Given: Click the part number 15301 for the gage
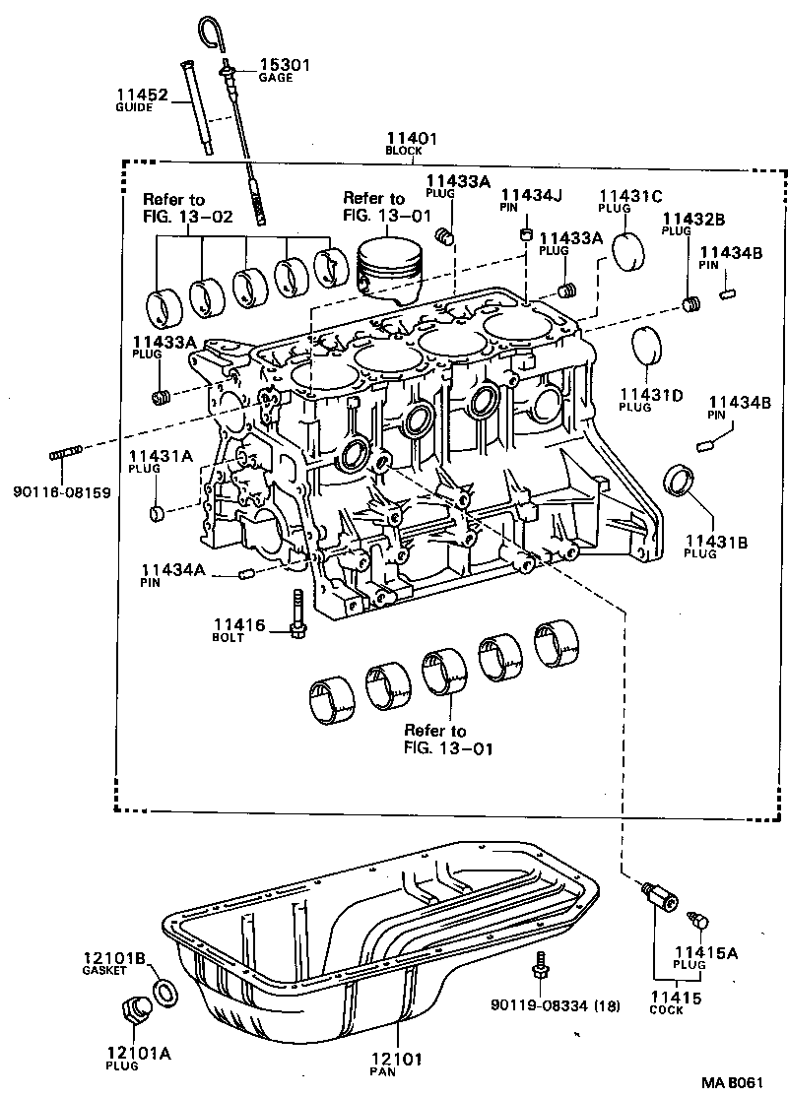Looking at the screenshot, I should (284, 65).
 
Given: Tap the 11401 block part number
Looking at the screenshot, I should (411, 139).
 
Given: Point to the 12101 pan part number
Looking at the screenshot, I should (396, 1060).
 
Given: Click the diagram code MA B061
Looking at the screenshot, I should (732, 1083).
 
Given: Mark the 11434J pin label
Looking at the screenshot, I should (531, 195).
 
